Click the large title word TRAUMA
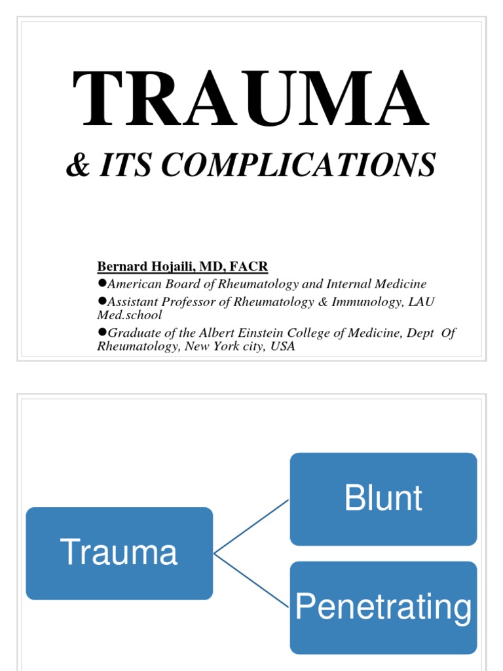[251, 100]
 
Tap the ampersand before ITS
[78, 164]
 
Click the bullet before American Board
[102, 283]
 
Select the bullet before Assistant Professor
[102, 300]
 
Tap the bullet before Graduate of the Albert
[102, 332]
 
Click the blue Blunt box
[383, 499]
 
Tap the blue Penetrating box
[383, 607]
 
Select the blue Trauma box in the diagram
[119, 553]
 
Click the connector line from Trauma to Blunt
[251, 527]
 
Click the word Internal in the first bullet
[354, 284]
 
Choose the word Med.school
[129, 315]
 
